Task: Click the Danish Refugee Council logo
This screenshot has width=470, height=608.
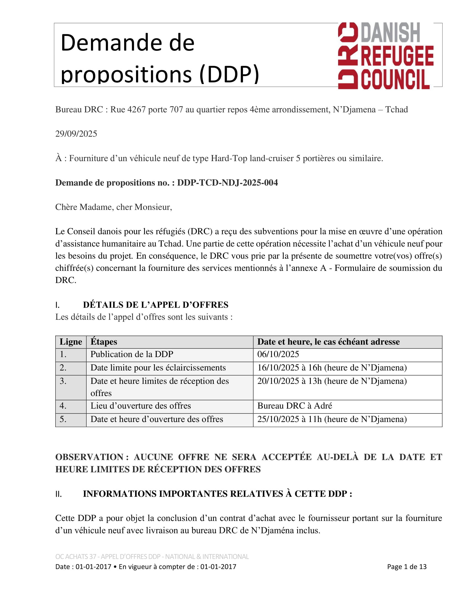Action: pos(386,56)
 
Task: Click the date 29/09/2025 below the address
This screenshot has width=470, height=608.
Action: pos(76,134)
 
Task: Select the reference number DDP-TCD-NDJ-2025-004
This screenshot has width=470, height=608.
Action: pos(228,183)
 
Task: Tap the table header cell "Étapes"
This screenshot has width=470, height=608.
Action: pos(104,342)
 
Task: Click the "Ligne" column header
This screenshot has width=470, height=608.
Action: pos(71,342)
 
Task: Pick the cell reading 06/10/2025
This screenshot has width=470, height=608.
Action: pos(278,354)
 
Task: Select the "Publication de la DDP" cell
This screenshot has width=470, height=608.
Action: pos(132,354)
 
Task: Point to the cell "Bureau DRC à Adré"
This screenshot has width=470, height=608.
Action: pos(295,406)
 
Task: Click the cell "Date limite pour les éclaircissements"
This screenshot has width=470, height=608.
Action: pos(158,368)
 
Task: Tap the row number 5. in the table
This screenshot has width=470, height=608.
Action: pos(63,419)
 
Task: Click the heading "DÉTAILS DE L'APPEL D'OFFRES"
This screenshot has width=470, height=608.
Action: pos(155,305)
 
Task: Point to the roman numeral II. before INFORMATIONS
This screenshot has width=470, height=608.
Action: pos(58,494)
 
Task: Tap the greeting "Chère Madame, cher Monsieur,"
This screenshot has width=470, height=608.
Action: pos(114,207)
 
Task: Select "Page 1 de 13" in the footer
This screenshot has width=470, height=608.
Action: pos(406,567)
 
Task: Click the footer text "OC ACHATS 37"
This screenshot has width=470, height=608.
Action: pos(76,557)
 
